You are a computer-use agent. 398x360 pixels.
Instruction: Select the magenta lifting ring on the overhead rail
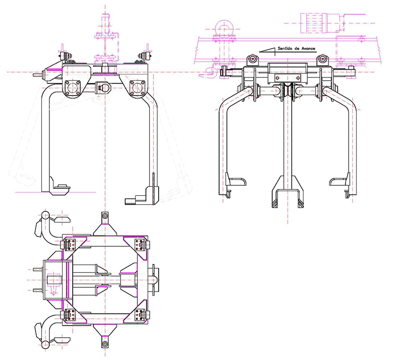coord(222,27)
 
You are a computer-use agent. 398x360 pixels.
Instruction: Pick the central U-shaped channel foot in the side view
coord(287,196)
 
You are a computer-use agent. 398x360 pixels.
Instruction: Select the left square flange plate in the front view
coord(71,85)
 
